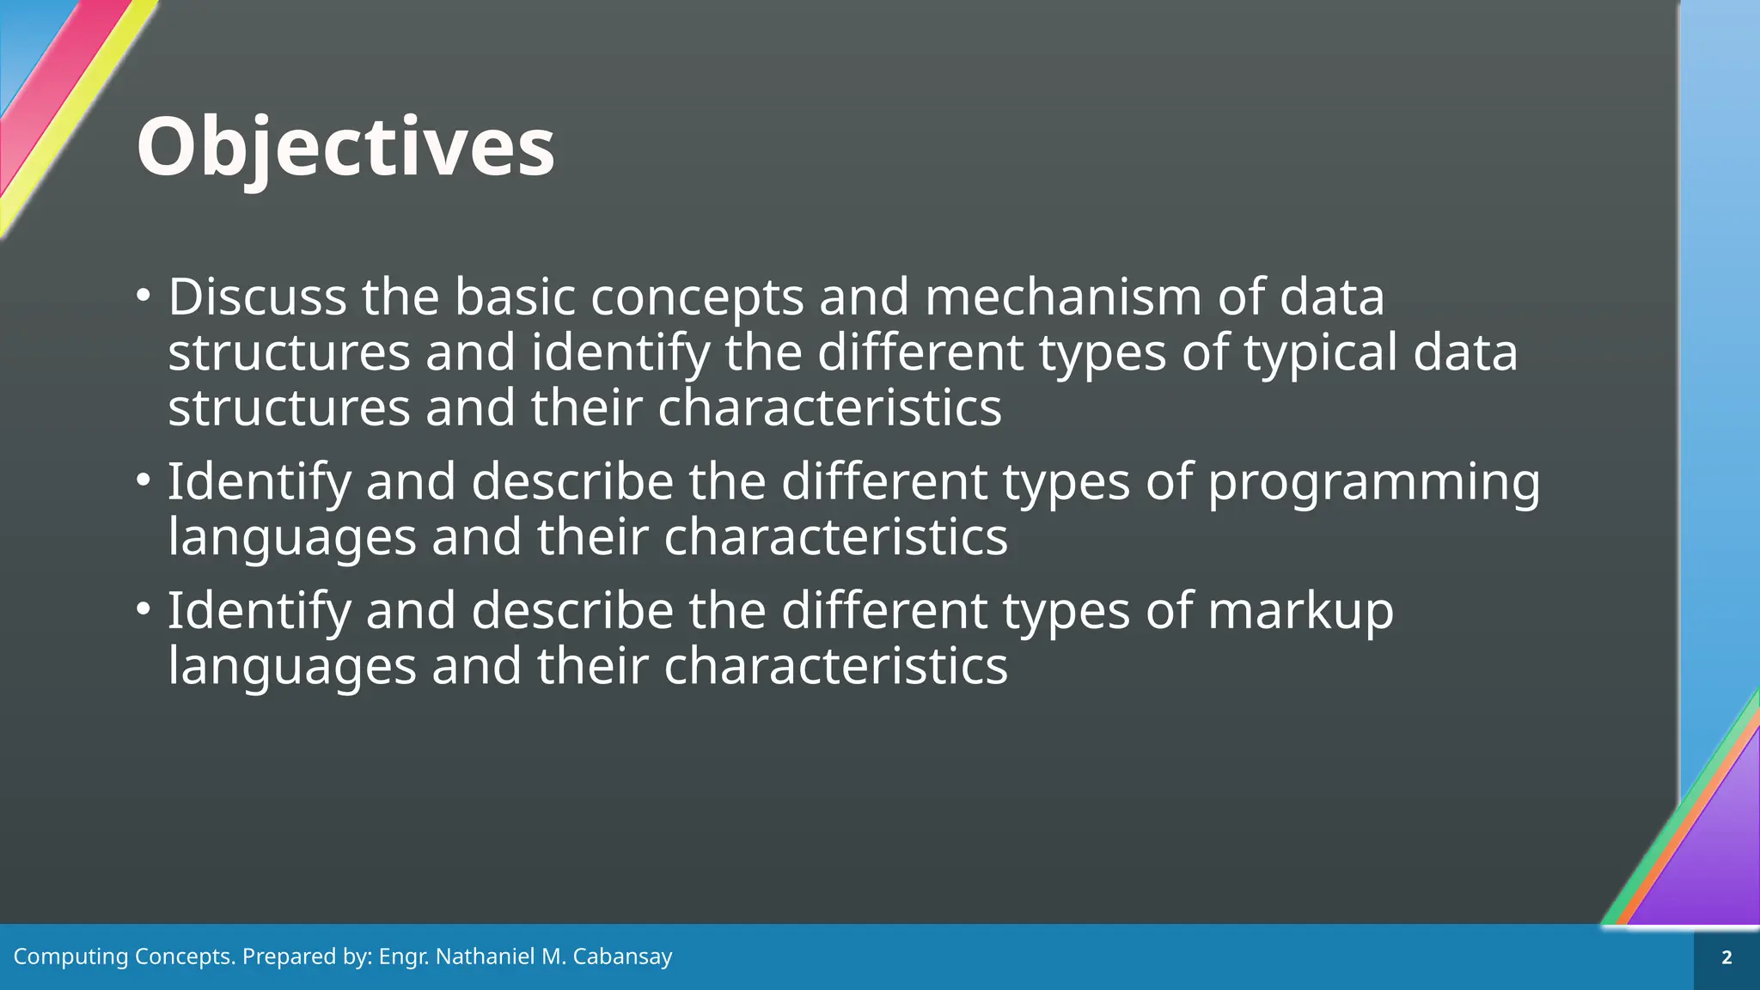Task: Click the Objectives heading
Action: [345, 148]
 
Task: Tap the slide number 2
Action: [1726, 957]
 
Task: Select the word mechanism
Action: [1063, 297]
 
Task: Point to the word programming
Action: [1373, 482]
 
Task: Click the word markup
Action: [1300, 611]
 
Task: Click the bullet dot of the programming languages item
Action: [143, 480]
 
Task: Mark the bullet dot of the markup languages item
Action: [143, 609]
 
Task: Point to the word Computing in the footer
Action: [70, 956]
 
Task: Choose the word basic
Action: [515, 297]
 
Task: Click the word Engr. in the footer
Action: [404, 956]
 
